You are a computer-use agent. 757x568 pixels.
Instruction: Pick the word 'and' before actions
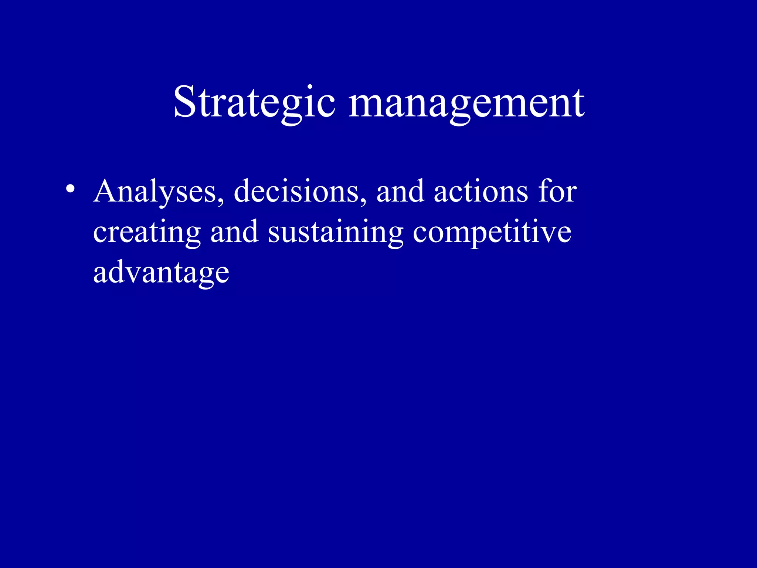pos(400,192)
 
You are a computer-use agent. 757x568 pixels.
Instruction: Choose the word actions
pos(481,192)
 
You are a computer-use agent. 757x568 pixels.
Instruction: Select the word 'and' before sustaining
pos(234,232)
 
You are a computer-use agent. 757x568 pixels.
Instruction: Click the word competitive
pos(492,232)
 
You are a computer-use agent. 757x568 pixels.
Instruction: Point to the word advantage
pos(161,273)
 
